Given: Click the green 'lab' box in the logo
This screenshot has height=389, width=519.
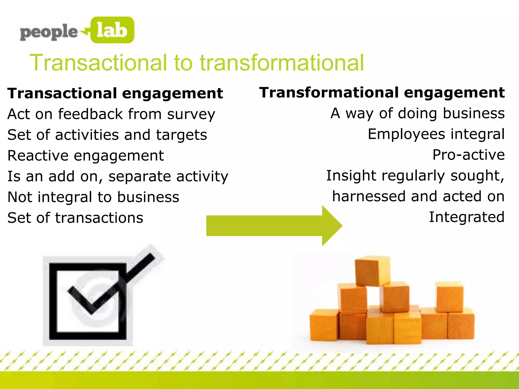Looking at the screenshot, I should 112,30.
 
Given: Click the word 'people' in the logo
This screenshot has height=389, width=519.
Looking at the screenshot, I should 49,32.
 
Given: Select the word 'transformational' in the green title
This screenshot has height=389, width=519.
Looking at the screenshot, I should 282,63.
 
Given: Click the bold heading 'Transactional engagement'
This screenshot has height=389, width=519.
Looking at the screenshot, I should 115,93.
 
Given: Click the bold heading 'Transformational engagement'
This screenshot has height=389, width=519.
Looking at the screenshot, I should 382,93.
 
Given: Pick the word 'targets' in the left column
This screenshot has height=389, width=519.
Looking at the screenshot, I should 181,135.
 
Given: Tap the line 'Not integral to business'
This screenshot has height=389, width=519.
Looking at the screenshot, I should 93,197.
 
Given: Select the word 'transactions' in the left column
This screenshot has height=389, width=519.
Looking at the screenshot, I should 99,218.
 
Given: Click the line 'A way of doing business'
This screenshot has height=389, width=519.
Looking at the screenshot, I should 417,113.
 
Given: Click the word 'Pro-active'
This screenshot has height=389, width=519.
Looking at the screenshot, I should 468,155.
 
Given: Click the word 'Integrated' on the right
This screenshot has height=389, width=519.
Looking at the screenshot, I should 467,217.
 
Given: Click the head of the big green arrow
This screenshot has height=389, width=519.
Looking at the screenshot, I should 331,226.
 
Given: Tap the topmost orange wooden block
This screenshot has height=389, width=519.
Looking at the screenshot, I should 372,270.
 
